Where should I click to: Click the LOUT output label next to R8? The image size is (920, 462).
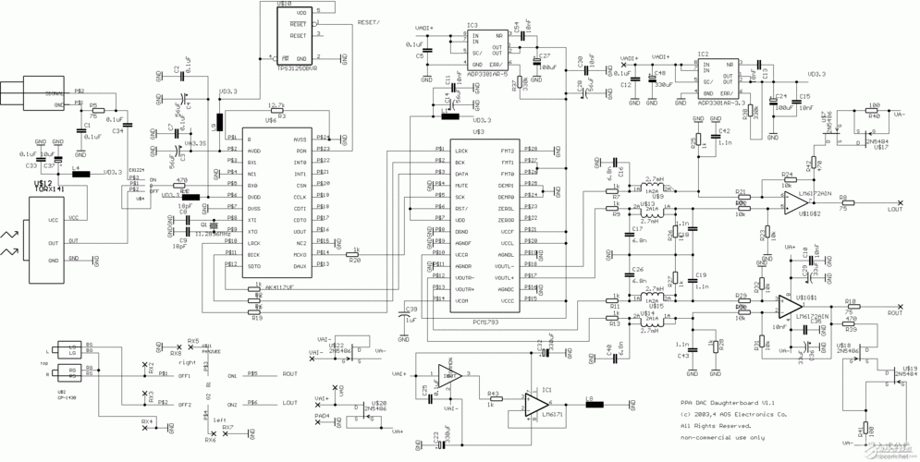[x=894, y=209]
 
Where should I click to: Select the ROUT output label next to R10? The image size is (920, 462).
[x=894, y=312]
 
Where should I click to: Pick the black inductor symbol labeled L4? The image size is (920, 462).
[x=80, y=173]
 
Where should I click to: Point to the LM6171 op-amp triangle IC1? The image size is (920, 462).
[x=536, y=404]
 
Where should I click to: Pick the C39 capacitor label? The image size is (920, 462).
[x=411, y=309]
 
